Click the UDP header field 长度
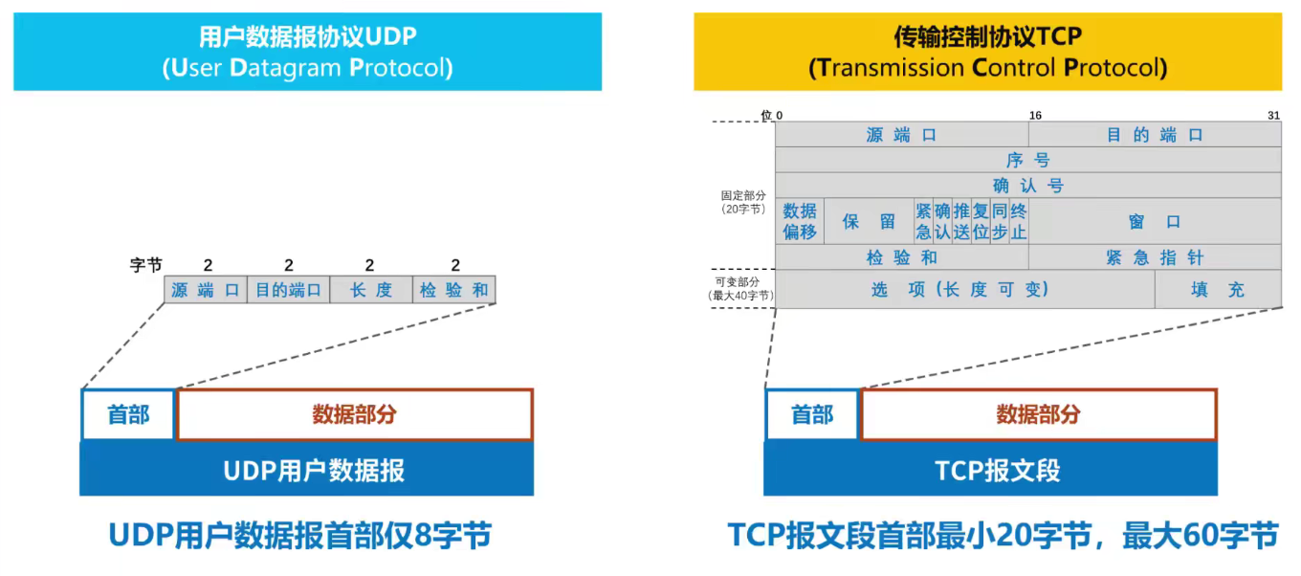[371, 290]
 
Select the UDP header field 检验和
[454, 290]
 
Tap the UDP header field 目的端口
[288, 290]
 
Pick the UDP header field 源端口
[206, 290]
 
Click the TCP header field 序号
[1028, 160]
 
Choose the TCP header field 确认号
[1028, 185]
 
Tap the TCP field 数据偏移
[800, 221]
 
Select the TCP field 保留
[869, 221]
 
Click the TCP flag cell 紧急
[923, 221]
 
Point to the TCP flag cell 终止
[1019, 221]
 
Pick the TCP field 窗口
[1155, 221]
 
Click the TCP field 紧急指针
[1155, 257]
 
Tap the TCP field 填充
[1218, 289]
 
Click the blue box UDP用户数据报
[306, 470]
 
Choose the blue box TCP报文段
[990, 470]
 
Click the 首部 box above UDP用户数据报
[128, 414]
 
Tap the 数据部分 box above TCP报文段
[1039, 414]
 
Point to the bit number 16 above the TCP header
[1035, 115]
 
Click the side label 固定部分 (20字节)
[743, 202]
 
